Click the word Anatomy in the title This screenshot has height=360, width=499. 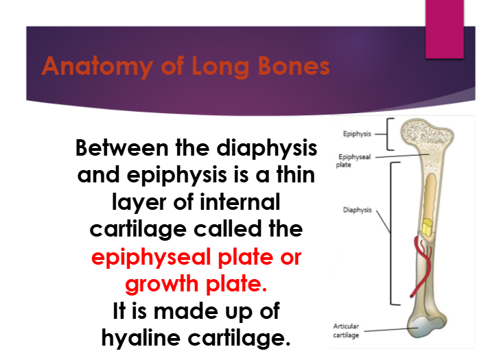[x=97, y=67]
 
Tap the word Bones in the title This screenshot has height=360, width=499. [x=294, y=66]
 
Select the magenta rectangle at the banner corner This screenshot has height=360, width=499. [x=445, y=29]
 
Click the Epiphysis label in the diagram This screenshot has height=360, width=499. [x=357, y=134]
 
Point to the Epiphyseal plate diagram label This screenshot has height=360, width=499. [x=353, y=160]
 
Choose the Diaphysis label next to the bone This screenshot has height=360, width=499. [x=357, y=210]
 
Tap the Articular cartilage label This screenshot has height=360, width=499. [x=346, y=331]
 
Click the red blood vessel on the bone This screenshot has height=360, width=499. [x=421, y=266]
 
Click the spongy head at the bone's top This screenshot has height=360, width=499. [x=427, y=134]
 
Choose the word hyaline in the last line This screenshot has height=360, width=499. [x=141, y=338]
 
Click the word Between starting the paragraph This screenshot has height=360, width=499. [x=122, y=148]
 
